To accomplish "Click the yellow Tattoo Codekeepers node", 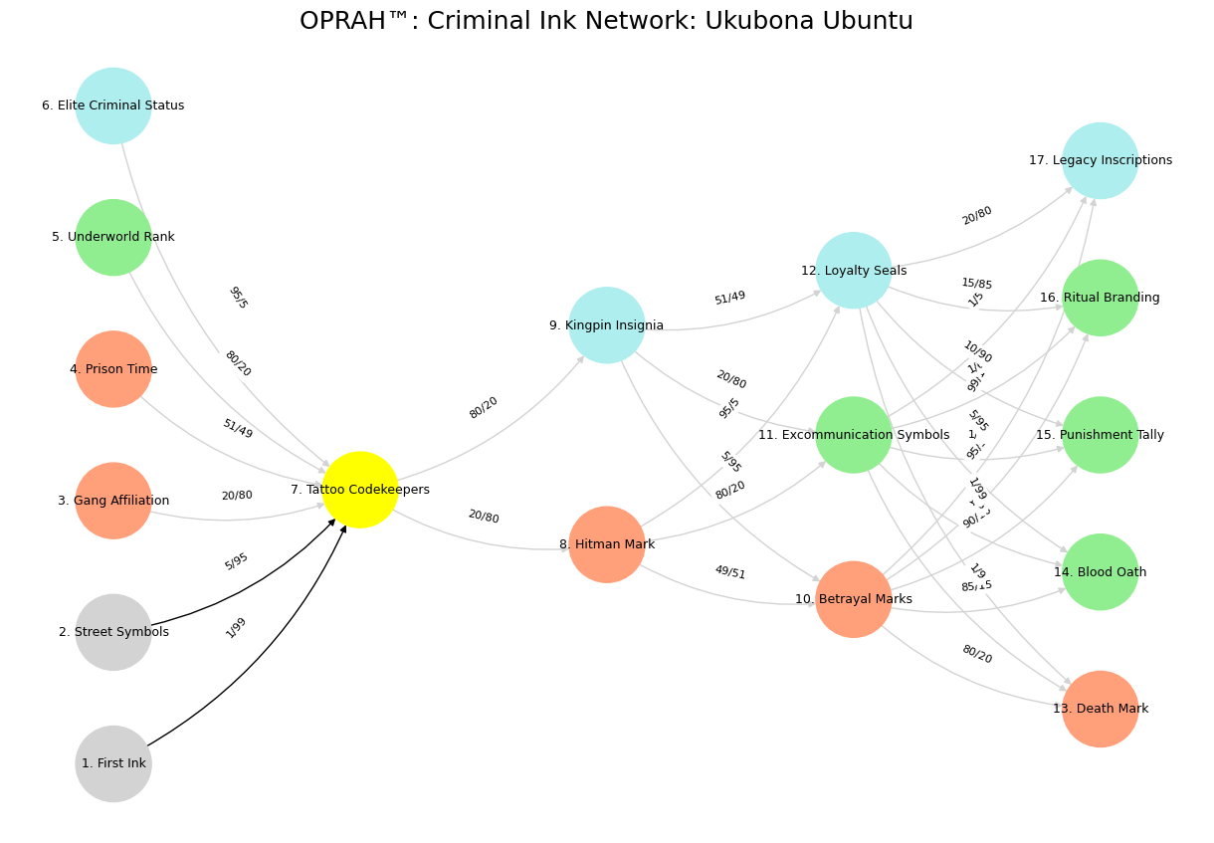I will coord(360,490).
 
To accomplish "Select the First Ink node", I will coord(113,763).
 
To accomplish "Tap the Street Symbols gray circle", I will coord(113,632).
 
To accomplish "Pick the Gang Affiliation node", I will coord(113,501).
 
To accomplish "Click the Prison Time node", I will coord(113,369).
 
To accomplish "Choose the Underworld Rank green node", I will coord(113,237).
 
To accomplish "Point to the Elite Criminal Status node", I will coord(113,105).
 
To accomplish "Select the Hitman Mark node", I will coord(607,544).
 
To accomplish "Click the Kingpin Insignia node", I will coord(607,325).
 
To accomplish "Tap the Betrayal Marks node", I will coord(854,599).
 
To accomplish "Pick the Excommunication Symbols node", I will coord(854,435).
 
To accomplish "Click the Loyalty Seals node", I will coord(854,271).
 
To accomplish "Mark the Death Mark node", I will coord(1101,709).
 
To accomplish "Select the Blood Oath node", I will coord(1101,572).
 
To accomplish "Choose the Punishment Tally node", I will coord(1101,435).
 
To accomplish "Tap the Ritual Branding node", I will coord(1101,298).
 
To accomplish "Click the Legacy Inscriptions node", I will coord(1101,160).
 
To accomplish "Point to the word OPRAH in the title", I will coord(336,21).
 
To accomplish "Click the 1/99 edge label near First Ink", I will coord(236,628).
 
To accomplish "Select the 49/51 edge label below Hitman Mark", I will coord(729,572).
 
